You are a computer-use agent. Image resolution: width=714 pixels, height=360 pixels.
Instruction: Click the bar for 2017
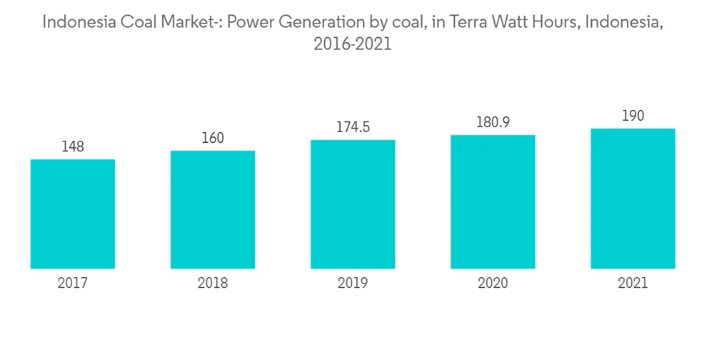tap(73, 214)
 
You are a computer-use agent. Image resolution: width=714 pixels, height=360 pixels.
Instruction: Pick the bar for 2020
tap(493, 201)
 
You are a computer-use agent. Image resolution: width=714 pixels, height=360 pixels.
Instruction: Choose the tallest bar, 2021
tap(633, 199)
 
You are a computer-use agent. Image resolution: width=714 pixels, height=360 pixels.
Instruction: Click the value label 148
tap(73, 147)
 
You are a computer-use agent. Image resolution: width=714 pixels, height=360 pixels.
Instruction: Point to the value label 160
tap(213, 139)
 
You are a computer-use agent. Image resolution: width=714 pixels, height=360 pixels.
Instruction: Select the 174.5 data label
tap(353, 128)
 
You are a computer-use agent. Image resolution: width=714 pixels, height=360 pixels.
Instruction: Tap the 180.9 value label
tap(493, 123)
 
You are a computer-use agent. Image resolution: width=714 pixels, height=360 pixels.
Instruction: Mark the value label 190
tap(633, 116)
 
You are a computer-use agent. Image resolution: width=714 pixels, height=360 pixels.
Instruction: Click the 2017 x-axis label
tap(73, 284)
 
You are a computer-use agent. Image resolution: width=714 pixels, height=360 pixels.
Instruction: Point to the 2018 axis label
tap(213, 284)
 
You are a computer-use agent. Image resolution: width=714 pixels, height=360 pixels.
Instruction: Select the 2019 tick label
tap(353, 284)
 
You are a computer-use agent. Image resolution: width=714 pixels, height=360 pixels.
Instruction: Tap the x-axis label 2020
tap(493, 284)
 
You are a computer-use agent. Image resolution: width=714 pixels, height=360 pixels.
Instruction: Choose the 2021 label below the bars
tap(633, 284)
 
